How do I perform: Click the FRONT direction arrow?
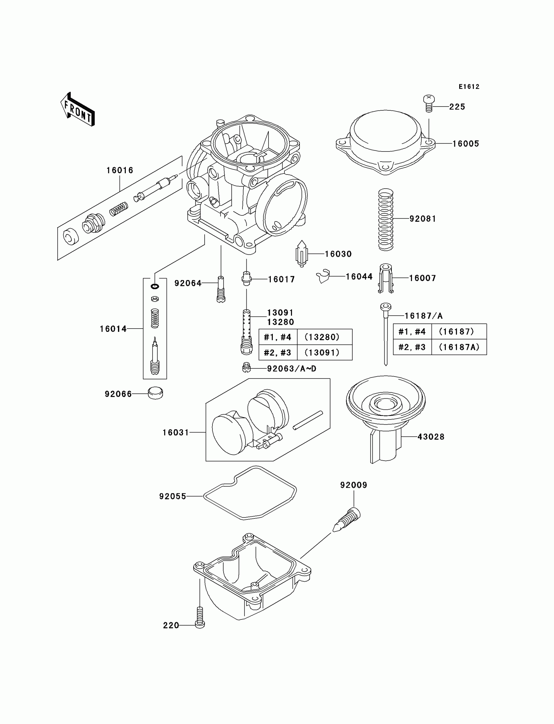[x=78, y=109]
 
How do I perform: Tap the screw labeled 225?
[x=429, y=103]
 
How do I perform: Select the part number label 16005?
[x=465, y=144]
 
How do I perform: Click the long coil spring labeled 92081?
[x=386, y=220]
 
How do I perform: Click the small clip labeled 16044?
[x=324, y=276]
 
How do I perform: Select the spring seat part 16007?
[x=386, y=278]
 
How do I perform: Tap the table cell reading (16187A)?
[x=459, y=347]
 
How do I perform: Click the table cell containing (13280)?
[x=322, y=337]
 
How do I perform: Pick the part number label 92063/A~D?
[x=292, y=368]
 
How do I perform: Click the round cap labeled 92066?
[x=155, y=393]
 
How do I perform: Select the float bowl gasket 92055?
[x=250, y=493]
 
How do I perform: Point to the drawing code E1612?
[x=469, y=87]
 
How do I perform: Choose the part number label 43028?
[x=431, y=437]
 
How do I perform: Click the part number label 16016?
[x=120, y=170]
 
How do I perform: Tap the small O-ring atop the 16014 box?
[x=155, y=286]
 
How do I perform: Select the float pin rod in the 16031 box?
[x=308, y=420]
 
